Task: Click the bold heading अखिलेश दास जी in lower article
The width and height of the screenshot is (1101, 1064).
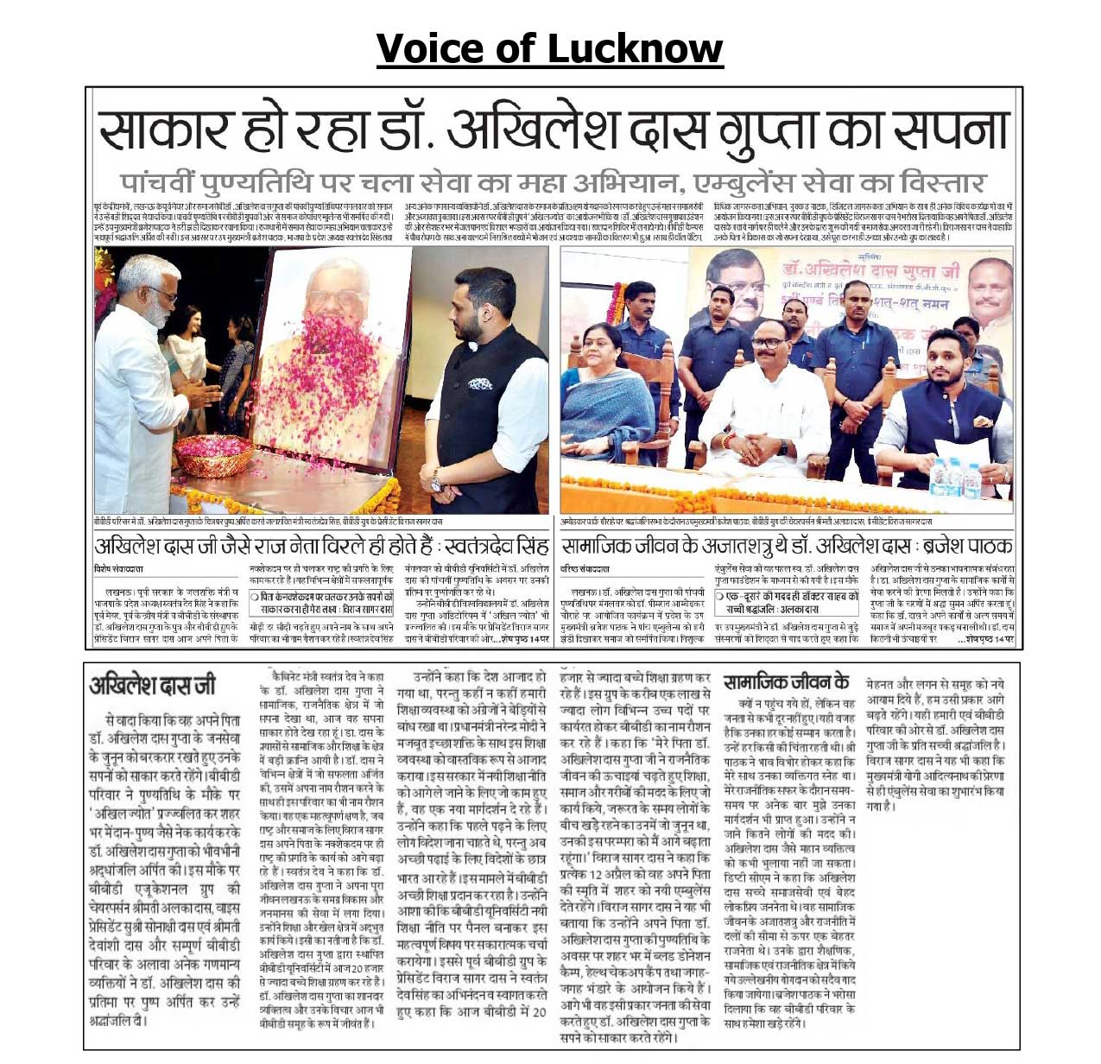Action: [154, 687]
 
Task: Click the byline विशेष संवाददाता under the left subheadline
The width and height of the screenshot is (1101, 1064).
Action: [119, 569]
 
